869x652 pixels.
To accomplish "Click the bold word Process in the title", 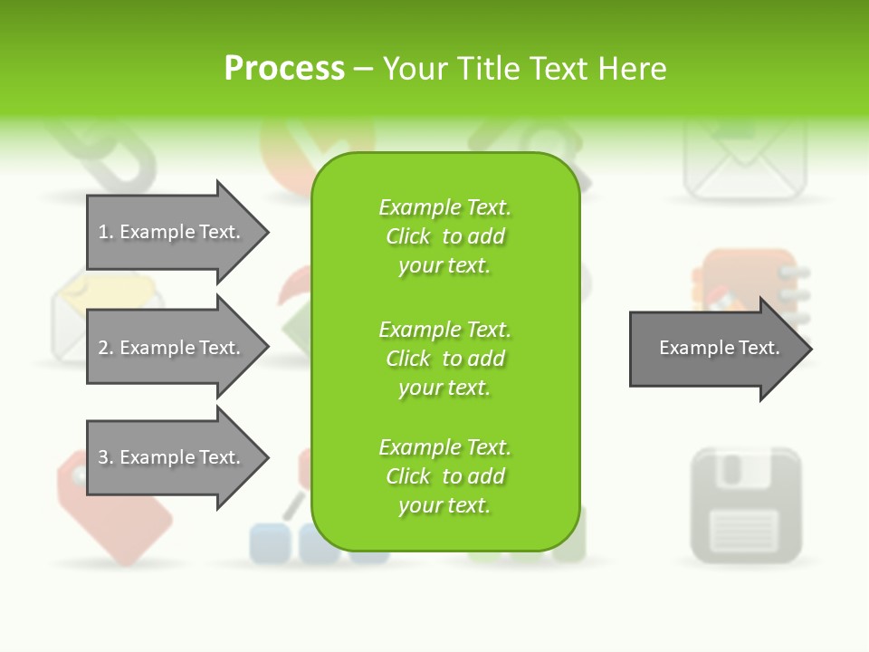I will (x=284, y=69).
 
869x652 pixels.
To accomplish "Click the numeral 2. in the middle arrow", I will (x=106, y=348).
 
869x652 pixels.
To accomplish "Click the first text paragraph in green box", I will (x=444, y=236).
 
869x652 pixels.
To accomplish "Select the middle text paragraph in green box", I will (x=444, y=359).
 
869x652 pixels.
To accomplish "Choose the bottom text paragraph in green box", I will (x=444, y=476).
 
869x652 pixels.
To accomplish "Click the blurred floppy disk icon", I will (x=746, y=504).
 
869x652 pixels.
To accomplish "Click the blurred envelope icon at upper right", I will (x=744, y=163).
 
